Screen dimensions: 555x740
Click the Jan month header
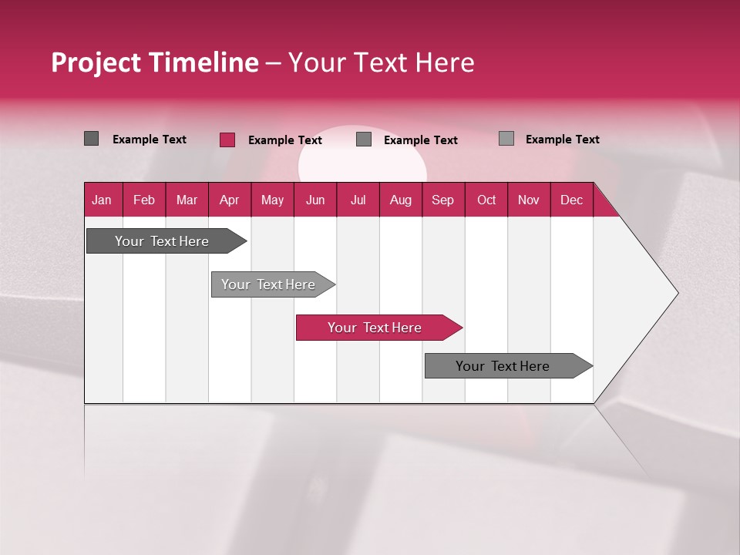point(102,200)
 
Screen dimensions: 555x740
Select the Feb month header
point(144,200)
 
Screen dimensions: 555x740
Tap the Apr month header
point(229,200)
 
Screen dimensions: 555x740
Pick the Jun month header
point(315,200)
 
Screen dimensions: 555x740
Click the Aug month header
point(401,200)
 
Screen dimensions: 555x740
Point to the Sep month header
point(442,200)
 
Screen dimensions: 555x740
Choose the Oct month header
point(486,200)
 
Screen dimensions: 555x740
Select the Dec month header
point(571,200)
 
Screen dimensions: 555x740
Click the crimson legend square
point(227,140)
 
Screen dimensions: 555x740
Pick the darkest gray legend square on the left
point(91,139)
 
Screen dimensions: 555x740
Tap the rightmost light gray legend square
point(506,139)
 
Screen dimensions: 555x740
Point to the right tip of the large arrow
point(676,293)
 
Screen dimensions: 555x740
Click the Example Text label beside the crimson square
point(284,140)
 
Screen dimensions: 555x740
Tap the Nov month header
point(529,200)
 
